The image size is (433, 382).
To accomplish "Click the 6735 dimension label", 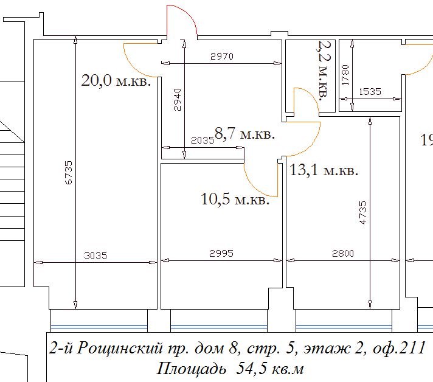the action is click(x=69, y=172).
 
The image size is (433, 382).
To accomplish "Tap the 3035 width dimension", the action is click(x=95, y=255).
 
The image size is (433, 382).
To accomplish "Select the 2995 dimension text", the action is click(x=221, y=253).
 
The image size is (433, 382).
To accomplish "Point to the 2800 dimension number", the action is click(x=343, y=253).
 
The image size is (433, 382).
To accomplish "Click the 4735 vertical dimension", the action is click(x=363, y=212).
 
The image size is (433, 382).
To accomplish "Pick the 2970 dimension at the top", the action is click(x=222, y=57).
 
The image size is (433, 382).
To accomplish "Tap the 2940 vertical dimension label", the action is click(x=178, y=99).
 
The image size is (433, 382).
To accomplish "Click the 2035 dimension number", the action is click(x=203, y=141).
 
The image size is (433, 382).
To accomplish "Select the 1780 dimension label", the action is click(x=345, y=75).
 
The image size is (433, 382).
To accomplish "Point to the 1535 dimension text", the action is click(x=370, y=91).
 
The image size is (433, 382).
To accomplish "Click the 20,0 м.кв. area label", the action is click(x=116, y=81).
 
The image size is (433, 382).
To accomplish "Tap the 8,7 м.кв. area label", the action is click(x=244, y=133).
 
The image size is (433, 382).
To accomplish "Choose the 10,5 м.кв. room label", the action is click(x=235, y=199).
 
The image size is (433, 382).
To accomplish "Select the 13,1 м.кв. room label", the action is click(x=324, y=170).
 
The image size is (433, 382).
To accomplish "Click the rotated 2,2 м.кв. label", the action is click(x=324, y=70).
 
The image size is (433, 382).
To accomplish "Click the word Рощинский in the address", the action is click(x=120, y=348).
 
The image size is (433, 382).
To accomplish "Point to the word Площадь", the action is click(x=191, y=369).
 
